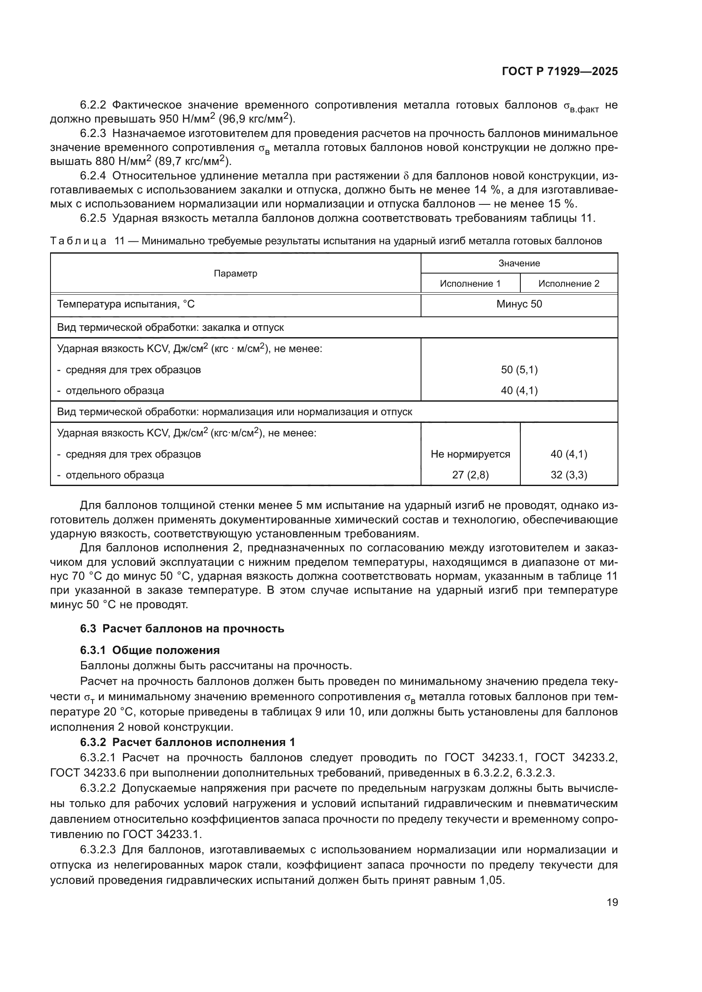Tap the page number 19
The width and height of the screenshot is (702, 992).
point(612,902)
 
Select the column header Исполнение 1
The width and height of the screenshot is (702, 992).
point(470,283)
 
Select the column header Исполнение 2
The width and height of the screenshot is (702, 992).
point(568,283)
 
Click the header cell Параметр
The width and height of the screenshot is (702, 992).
point(236,273)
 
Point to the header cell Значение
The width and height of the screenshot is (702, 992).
point(519,263)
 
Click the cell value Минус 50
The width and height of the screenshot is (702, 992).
point(519,304)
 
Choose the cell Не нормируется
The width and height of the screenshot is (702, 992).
point(470,454)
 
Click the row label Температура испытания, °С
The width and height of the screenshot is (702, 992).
point(126,304)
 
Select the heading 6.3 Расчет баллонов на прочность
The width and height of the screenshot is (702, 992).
point(182,629)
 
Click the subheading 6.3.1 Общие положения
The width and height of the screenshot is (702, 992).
point(149,650)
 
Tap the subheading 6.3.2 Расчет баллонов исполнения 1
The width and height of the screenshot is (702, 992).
point(188,742)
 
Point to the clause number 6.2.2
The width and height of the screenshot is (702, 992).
point(93,105)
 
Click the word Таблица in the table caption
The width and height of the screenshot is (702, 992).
point(78,241)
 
